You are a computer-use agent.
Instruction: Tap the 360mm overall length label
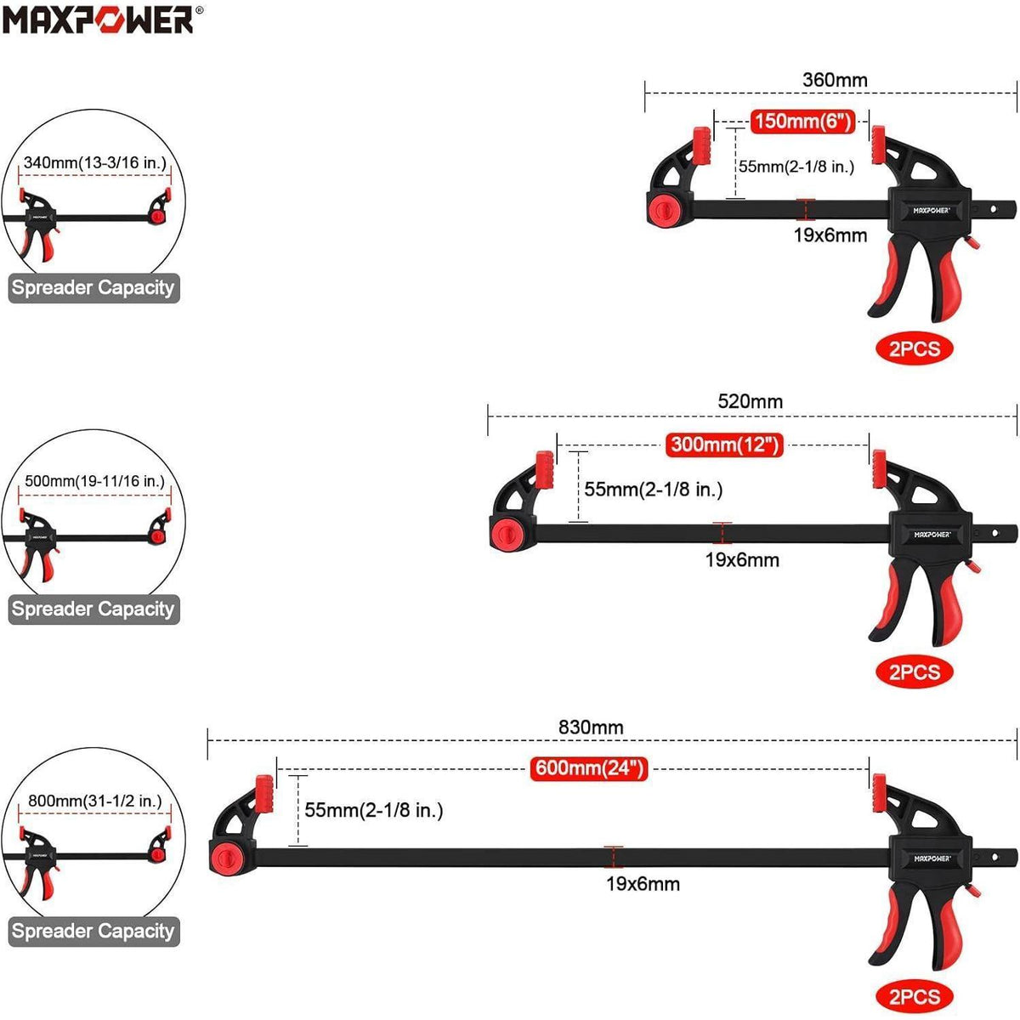point(835,80)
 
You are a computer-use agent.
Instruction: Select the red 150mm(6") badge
point(802,122)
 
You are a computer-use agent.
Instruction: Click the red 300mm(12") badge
point(723,445)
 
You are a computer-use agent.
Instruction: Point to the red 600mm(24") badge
point(589,768)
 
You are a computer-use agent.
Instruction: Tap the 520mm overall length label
point(750,401)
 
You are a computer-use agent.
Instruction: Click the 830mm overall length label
point(591,727)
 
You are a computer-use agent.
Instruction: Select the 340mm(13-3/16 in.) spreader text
point(94,162)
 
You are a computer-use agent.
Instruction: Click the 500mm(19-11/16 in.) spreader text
point(94,481)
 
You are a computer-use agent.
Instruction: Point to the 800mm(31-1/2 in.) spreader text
point(94,801)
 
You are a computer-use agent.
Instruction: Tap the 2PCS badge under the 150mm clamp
point(914,348)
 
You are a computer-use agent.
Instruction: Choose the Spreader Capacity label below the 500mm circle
point(93,609)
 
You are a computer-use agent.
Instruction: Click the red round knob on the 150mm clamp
point(664,207)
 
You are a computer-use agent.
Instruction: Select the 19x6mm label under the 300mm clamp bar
point(742,560)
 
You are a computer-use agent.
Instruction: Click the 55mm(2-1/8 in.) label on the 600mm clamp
point(374,810)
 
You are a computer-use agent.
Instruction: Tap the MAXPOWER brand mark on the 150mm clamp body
point(932,211)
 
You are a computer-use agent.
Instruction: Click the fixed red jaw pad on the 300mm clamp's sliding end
point(879,468)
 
